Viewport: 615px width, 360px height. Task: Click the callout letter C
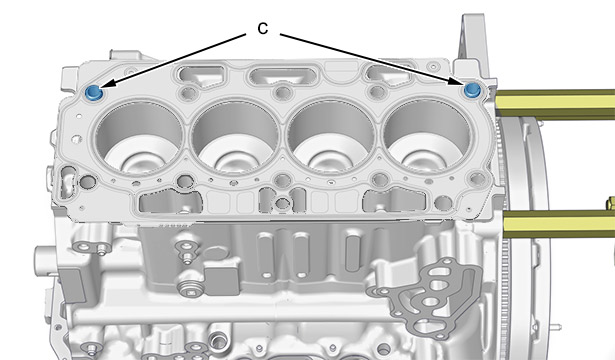[263, 28]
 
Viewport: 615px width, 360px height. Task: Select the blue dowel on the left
[94, 93]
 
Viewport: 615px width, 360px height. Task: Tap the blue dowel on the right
[472, 90]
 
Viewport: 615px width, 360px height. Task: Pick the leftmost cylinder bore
[138, 136]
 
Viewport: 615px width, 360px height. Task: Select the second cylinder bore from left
[235, 136]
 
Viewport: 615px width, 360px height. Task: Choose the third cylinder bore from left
[331, 136]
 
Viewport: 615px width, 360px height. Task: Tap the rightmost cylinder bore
[426, 136]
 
